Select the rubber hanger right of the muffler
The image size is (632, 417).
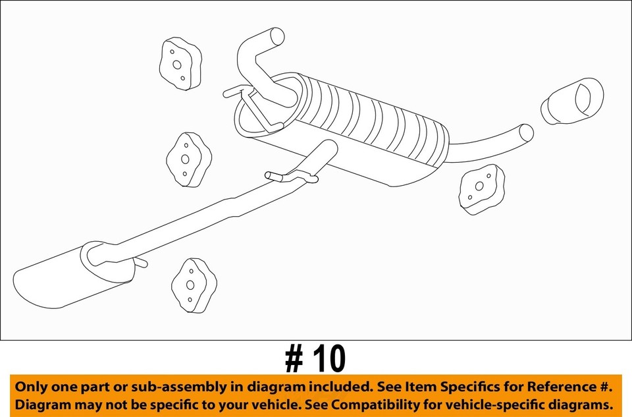pyautogui.click(x=482, y=188)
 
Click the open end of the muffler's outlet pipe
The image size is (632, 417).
pyautogui.click(x=527, y=132)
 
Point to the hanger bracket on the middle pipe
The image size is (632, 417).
pyautogui.click(x=290, y=176)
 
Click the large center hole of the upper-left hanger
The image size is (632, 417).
pyautogui.click(x=176, y=65)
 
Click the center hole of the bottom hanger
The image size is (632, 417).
pyautogui.click(x=191, y=285)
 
